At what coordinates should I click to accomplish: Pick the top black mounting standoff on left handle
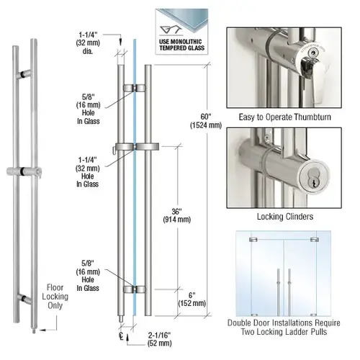pyautogui.click(x=25, y=73)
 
